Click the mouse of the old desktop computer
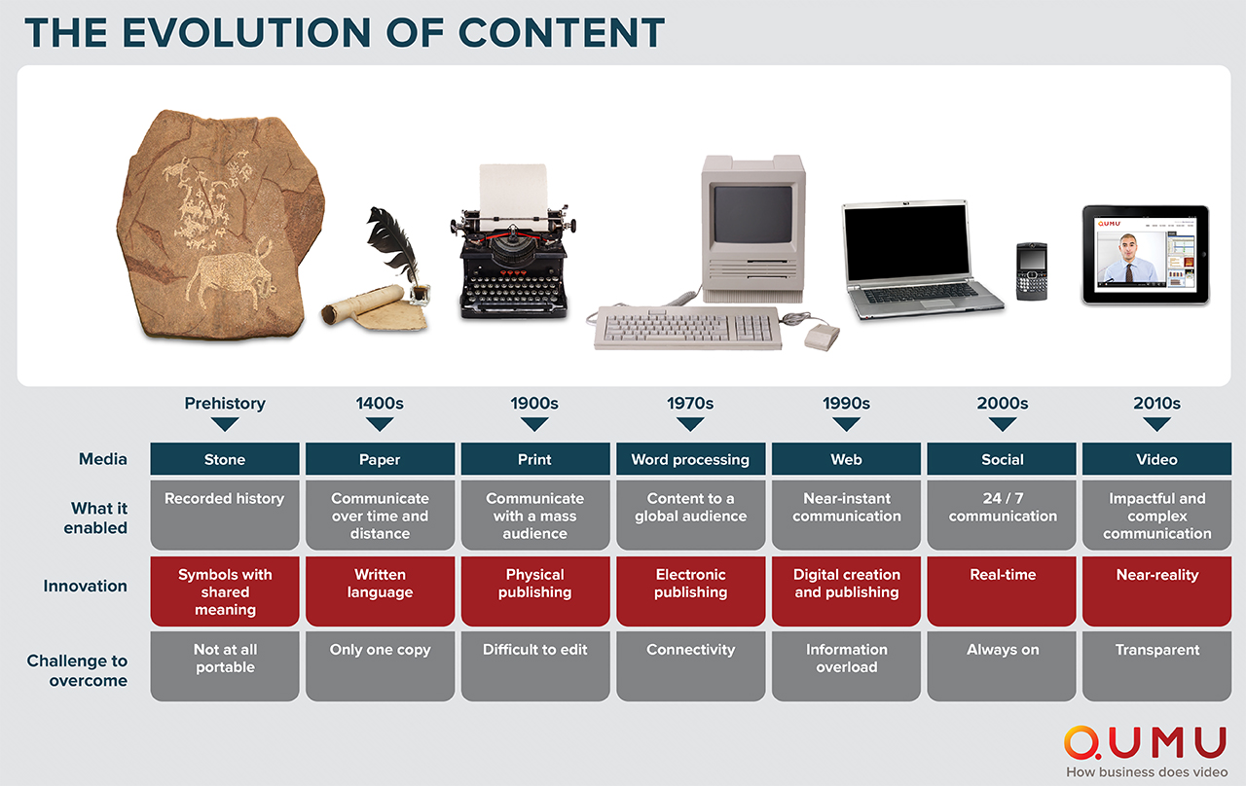point(821,337)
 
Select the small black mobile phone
point(1031,271)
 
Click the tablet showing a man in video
point(1145,255)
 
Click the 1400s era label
point(380,403)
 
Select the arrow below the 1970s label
point(690,425)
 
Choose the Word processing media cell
point(690,459)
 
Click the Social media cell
point(1002,459)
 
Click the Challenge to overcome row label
point(77,670)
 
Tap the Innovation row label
point(85,586)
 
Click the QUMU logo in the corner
point(1145,743)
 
